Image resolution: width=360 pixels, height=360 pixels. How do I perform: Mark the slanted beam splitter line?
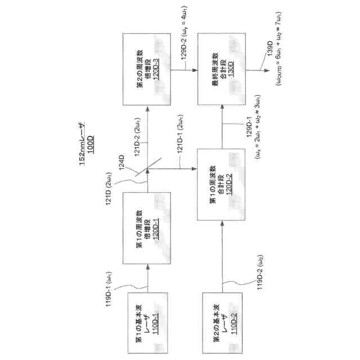(x=152, y=163)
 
